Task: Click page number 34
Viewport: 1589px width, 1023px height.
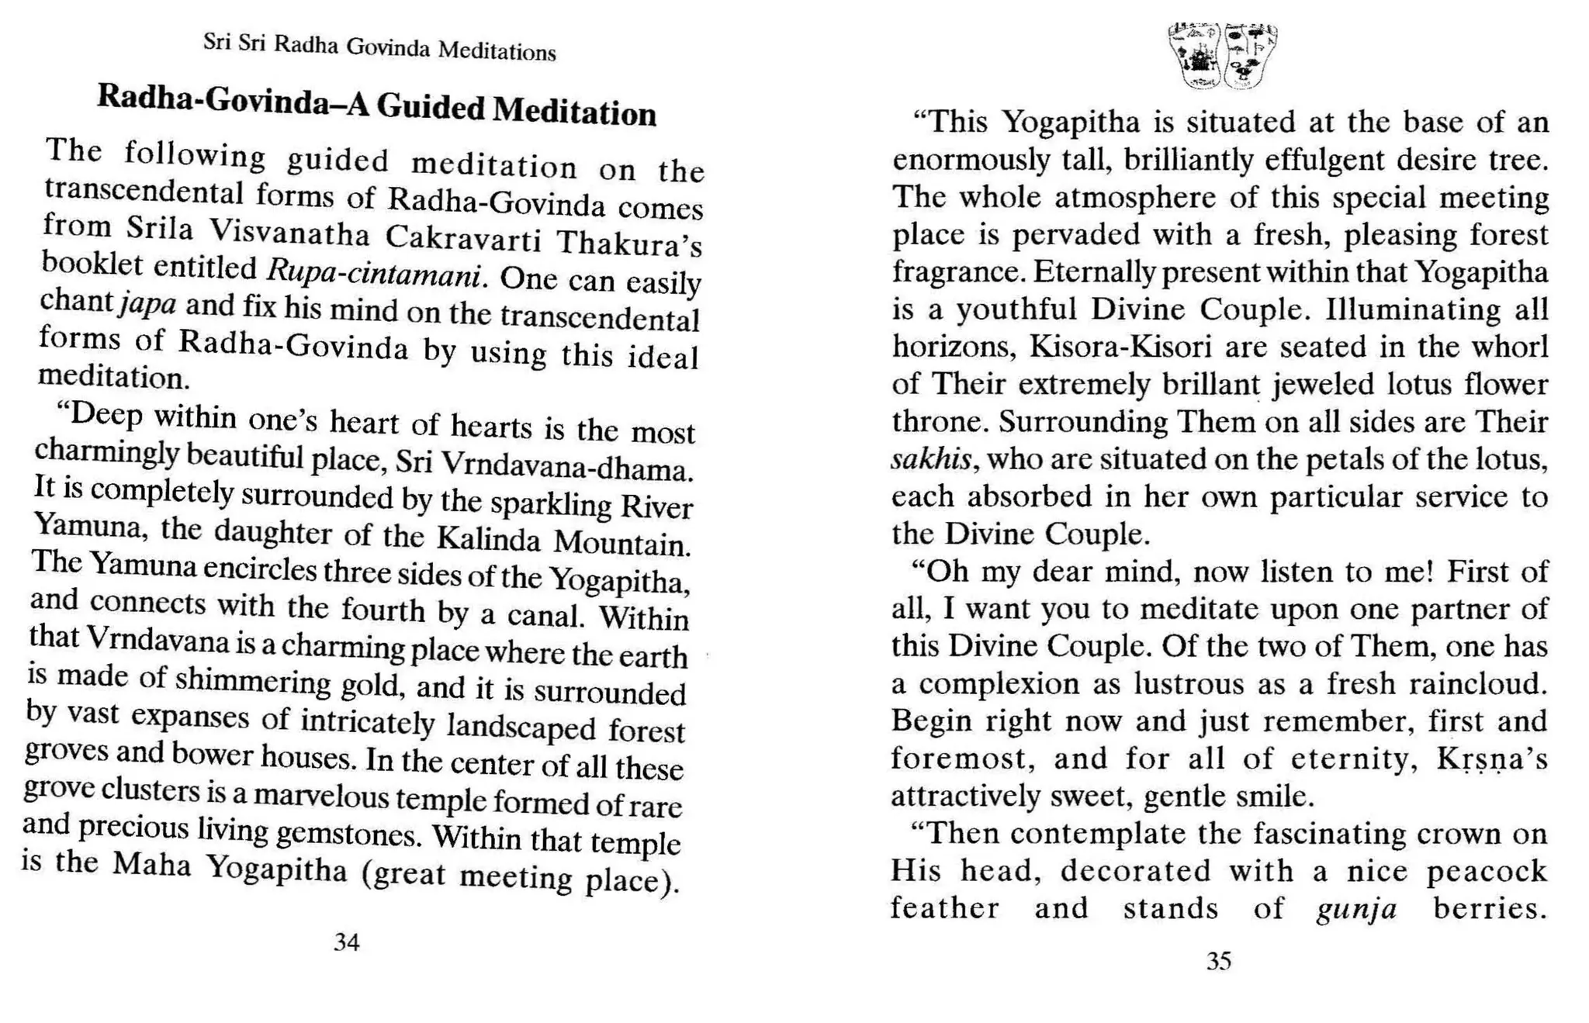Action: coord(346,942)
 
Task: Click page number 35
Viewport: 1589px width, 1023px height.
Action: coord(1219,962)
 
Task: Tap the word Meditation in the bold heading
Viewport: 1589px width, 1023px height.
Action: coord(575,112)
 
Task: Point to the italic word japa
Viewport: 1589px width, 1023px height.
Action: coord(148,304)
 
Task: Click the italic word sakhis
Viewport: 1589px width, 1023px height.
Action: coord(930,460)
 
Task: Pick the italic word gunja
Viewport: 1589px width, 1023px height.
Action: coord(1356,908)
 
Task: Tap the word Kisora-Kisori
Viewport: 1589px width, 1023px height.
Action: coord(1120,347)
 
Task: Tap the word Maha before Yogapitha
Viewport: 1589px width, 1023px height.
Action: coord(151,865)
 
